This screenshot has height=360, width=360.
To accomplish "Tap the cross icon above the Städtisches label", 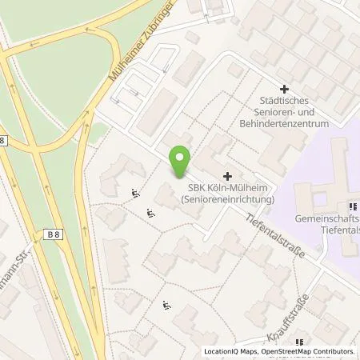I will click(x=282, y=90).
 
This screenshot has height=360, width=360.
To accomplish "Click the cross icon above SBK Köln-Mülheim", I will click(x=228, y=175).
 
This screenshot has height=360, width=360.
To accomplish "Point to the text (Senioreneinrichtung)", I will click(x=227, y=199).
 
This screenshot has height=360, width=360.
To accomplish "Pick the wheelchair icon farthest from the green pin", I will click(x=166, y=305).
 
